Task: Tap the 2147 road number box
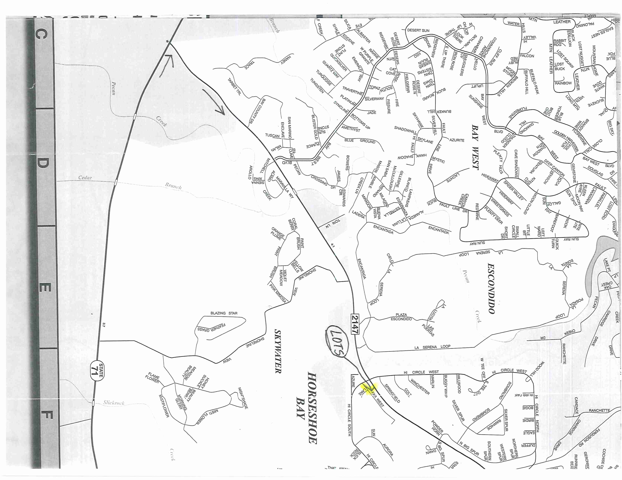355,324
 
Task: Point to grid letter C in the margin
41,34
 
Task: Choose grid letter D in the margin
42,163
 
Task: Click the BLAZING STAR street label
224,313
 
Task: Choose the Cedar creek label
85,178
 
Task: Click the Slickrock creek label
114,403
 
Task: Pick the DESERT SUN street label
418,30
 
